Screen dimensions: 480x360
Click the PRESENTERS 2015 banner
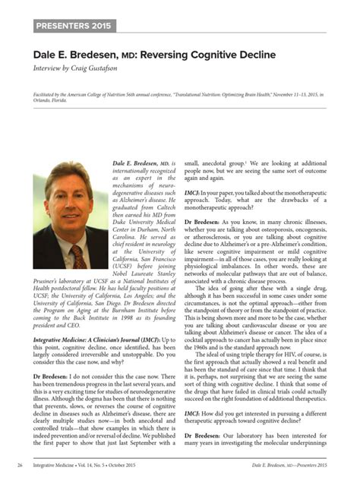click(x=74, y=27)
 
